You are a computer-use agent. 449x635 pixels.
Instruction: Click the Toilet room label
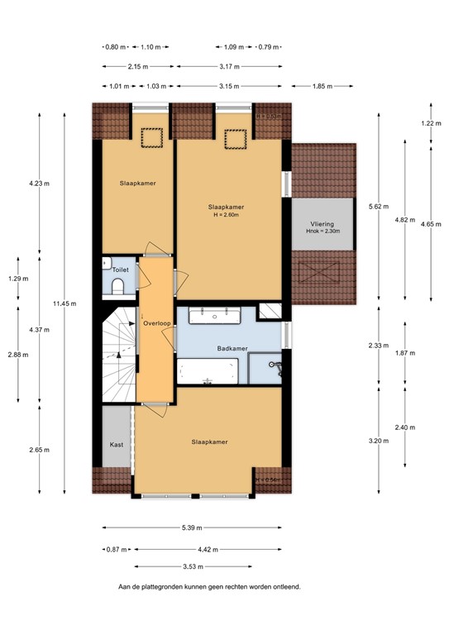(x=121, y=270)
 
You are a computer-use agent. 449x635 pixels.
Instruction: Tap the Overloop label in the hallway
(x=155, y=323)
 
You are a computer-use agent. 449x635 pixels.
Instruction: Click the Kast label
(x=117, y=445)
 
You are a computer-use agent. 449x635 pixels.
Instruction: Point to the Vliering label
(x=322, y=223)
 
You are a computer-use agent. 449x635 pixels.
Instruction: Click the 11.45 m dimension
(x=64, y=304)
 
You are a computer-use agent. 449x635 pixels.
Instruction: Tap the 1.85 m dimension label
(x=323, y=85)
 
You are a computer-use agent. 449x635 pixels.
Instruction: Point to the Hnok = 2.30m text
(x=322, y=232)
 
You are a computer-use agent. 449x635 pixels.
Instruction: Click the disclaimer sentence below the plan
(x=208, y=587)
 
